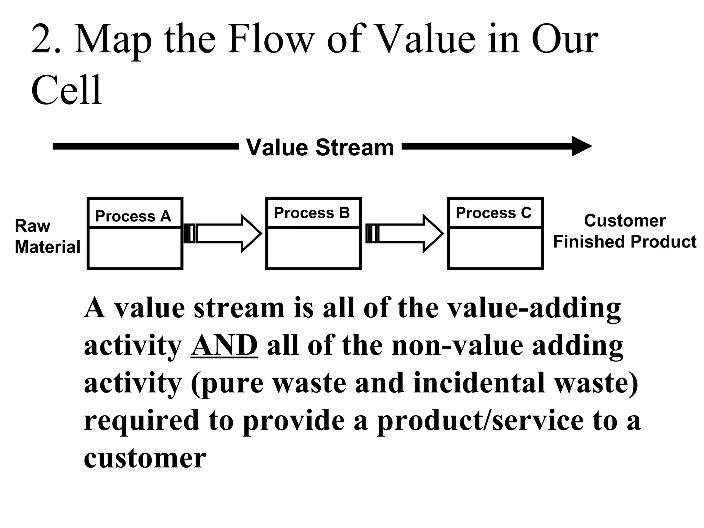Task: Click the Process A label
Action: pyautogui.click(x=133, y=216)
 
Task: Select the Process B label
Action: pyautogui.click(x=312, y=213)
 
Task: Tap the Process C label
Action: pyautogui.click(x=494, y=213)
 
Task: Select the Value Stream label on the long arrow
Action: pyautogui.click(x=320, y=147)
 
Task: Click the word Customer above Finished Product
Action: pyautogui.click(x=625, y=221)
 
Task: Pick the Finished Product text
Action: pyautogui.click(x=625, y=242)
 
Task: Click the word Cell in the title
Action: pyautogui.click(x=67, y=90)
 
